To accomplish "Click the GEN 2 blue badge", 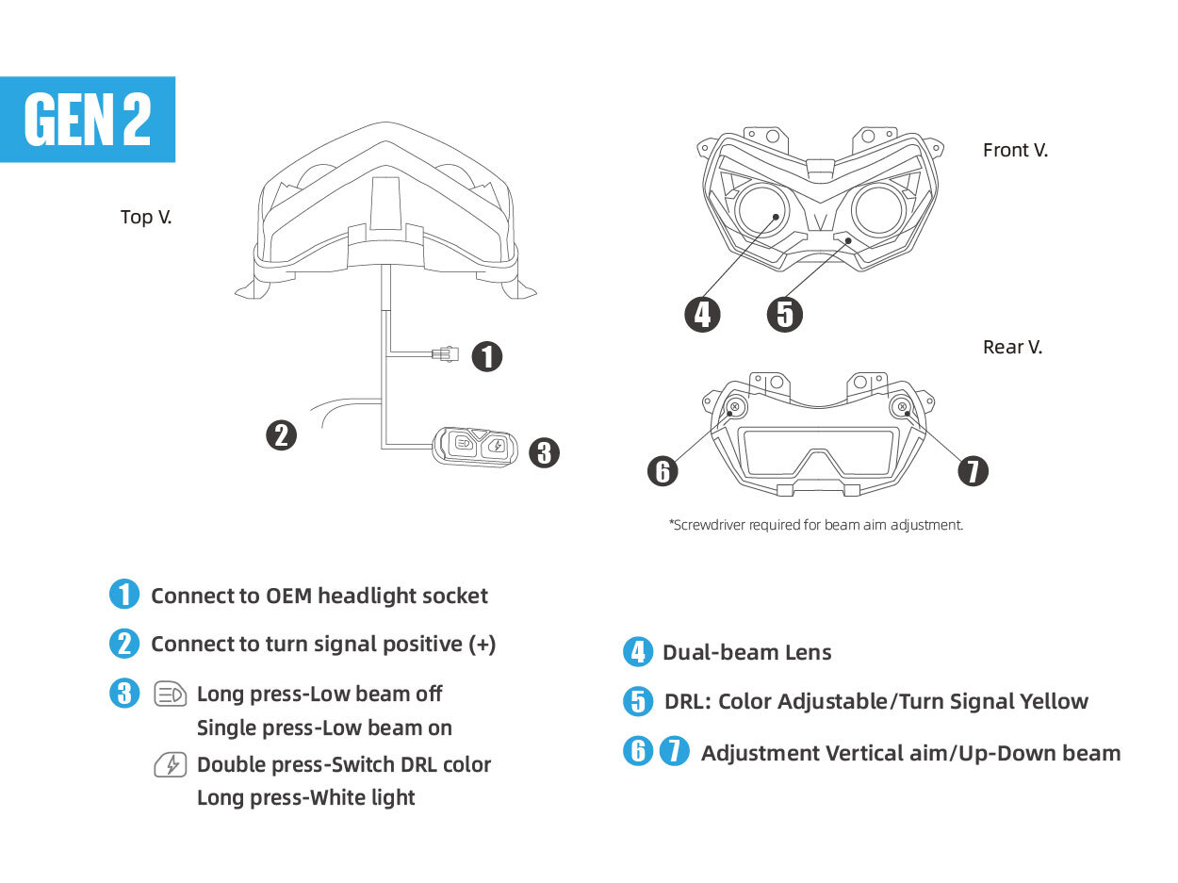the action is [x=87, y=119].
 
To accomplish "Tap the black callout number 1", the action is [x=487, y=357].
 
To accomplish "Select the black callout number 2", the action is [x=281, y=435].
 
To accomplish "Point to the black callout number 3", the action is [x=544, y=452].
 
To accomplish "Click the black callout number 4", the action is [x=702, y=315].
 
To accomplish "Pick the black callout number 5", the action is [x=785, y=315].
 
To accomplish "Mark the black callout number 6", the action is [x=663, y=471].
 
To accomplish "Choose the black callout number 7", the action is [x=973, y=471].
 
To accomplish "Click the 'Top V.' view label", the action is [x=146, y=218].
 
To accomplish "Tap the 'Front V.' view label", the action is [x=1015, y=150].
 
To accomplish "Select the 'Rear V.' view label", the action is [x=1012, y=347].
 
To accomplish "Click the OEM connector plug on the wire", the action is [x=446, y=354].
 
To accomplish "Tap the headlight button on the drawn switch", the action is [x=464, y=443].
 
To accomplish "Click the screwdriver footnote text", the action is [x=816, y=525].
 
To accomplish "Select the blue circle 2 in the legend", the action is [x=124, y=644].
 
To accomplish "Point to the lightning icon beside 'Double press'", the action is [x=171, y=765].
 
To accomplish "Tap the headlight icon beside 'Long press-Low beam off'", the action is [x=171, y=695].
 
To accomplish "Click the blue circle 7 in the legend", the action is [x=674, y=751].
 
